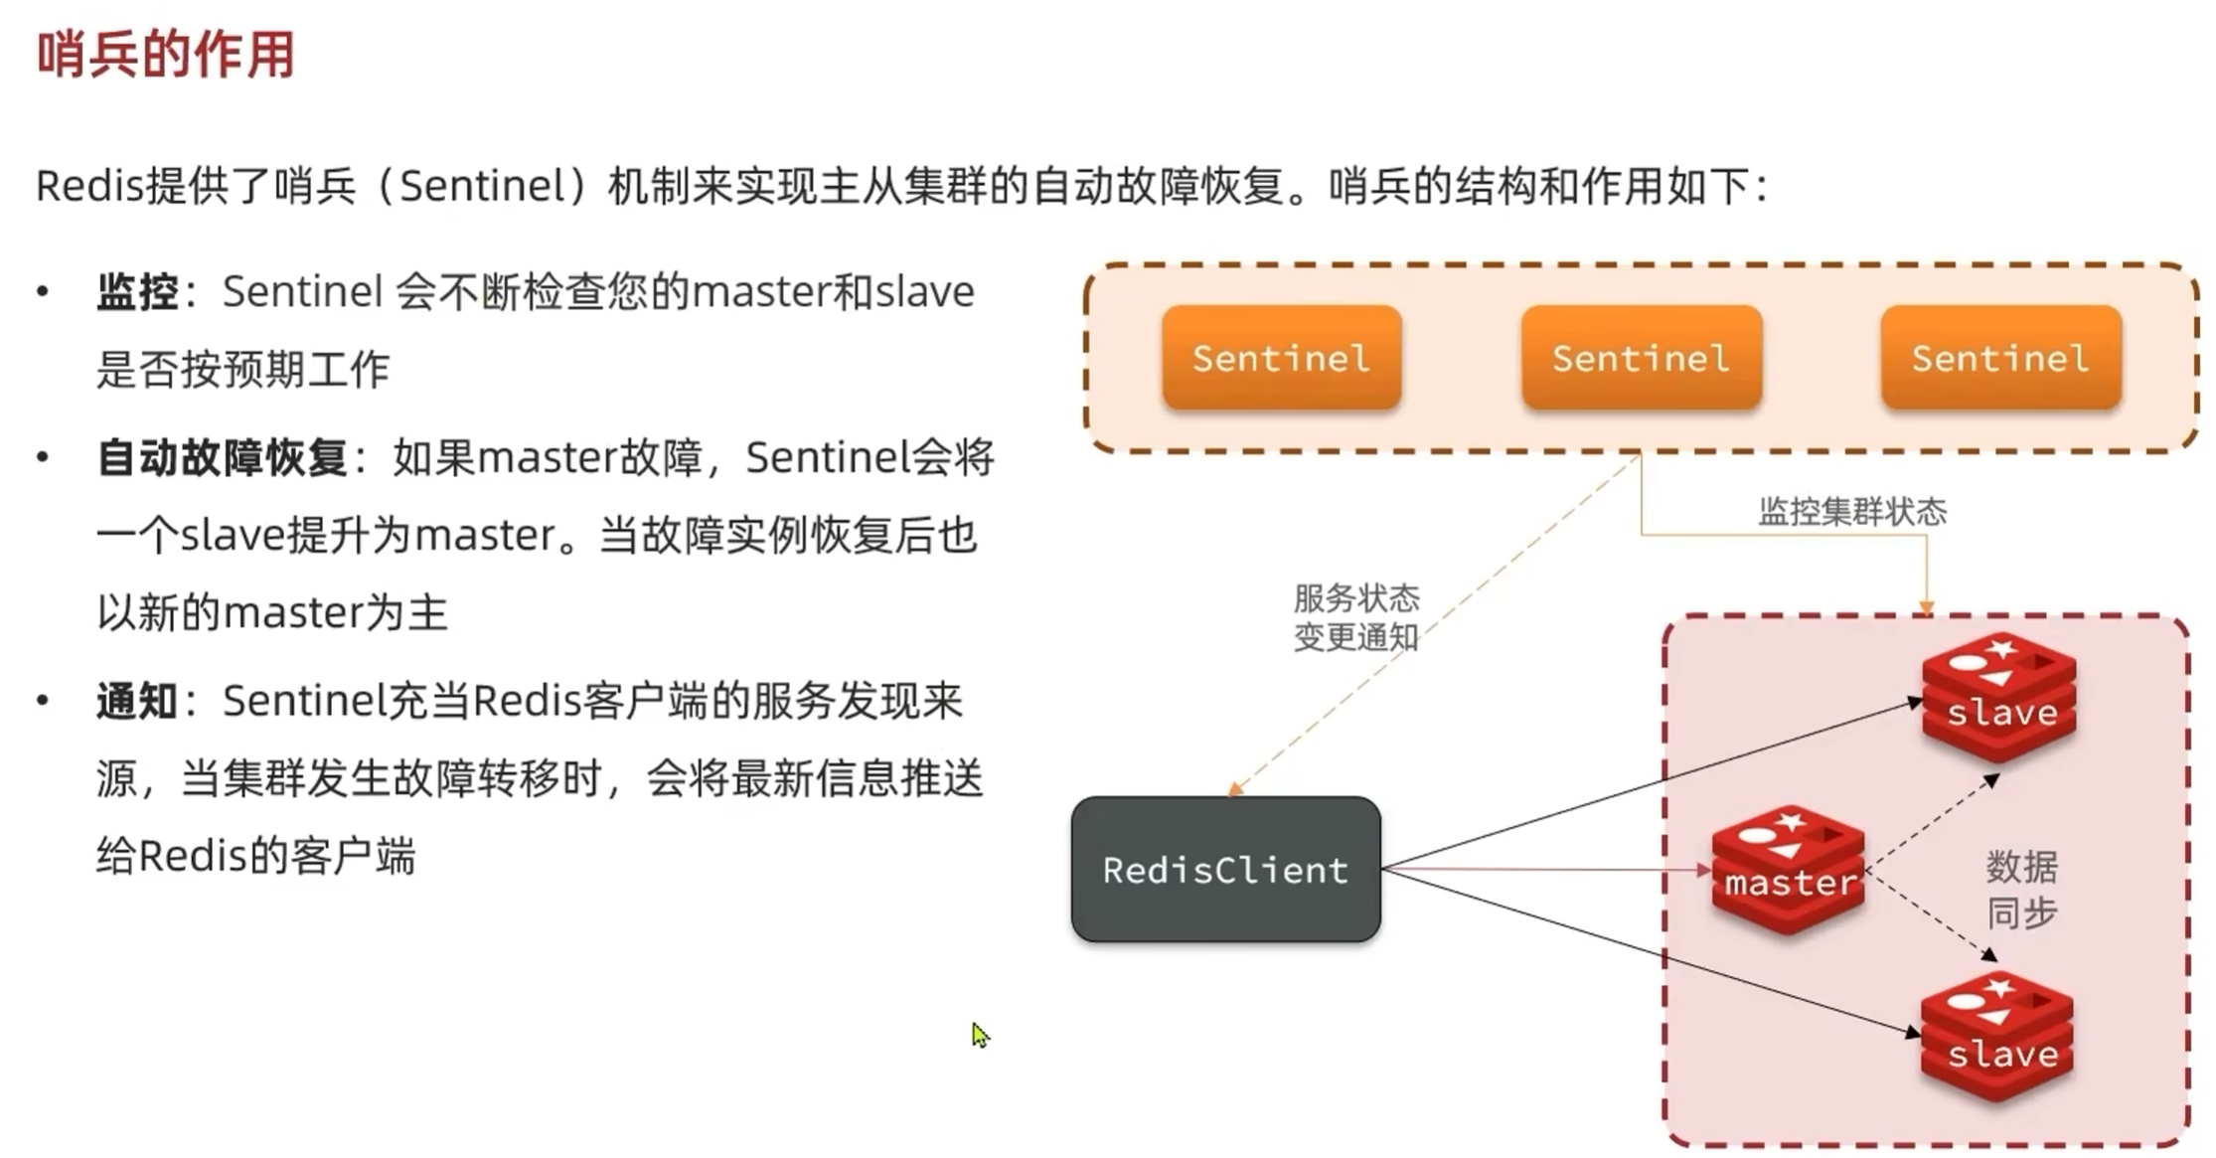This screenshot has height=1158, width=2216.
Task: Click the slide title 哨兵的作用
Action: coord(166,55)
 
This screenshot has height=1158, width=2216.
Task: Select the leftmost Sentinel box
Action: coord(1281,358)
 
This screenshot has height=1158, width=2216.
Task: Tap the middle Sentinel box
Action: coord(1641,358)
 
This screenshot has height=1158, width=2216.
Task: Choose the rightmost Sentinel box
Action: coord(2000,358)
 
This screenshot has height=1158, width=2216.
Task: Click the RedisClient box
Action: coord(1225,870)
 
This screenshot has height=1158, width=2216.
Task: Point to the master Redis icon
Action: coord(1788,870)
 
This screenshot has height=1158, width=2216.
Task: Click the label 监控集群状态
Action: coord(1852,512)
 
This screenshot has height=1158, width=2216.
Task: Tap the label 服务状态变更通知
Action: coord(1356,617)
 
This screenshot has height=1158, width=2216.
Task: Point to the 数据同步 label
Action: coord(2021,890)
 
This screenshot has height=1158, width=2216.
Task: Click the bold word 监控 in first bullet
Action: coord(137,292)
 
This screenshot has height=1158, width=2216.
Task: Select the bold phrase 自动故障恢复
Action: coord(222,458)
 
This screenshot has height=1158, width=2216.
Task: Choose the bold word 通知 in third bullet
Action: coord(137,702)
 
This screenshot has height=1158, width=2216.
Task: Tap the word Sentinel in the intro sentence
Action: coord(482,186)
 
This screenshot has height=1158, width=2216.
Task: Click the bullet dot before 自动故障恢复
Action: coord(43,458)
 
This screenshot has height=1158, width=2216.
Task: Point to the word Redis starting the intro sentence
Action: coord(90,186)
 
